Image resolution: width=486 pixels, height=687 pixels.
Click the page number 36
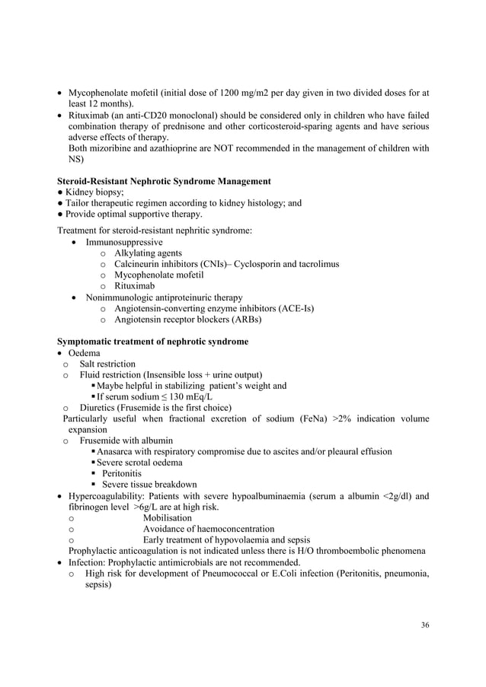[424, 625]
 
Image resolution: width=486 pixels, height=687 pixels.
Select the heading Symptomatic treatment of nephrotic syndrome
[153, 342]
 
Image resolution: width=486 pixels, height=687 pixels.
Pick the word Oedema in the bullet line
[84, 353]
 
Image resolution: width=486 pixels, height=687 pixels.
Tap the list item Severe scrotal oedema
[139, 463]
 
